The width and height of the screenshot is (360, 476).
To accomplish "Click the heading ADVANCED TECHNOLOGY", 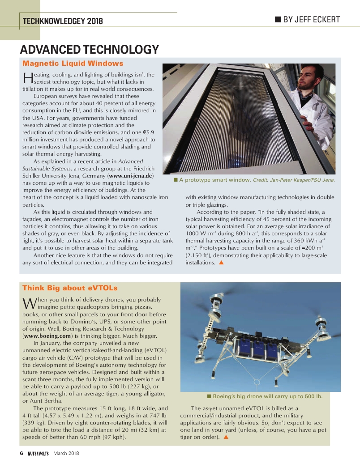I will click(x=89, y=50).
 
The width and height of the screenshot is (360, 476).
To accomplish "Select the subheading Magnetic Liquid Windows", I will click(x=73, y=64).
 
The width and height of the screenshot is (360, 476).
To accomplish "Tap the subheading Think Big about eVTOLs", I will click(x=70, y=288).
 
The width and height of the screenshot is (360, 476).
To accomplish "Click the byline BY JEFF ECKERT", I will click(x=307, y=20).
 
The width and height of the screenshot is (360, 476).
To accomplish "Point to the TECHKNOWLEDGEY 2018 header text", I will click(x=63, y=21).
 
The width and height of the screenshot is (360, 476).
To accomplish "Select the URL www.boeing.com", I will click(x=47, y=336).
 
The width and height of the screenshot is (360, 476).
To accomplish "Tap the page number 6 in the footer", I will click(x=21, y=453).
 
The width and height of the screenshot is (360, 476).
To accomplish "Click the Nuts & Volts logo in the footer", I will click(x=38, y=453).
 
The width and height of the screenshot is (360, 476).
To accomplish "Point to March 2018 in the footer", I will click(x=66, y=453).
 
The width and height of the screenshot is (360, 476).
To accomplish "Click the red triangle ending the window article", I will click(x=221, y=263).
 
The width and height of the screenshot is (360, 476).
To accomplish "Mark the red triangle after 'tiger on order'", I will click(x=226, y=437).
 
